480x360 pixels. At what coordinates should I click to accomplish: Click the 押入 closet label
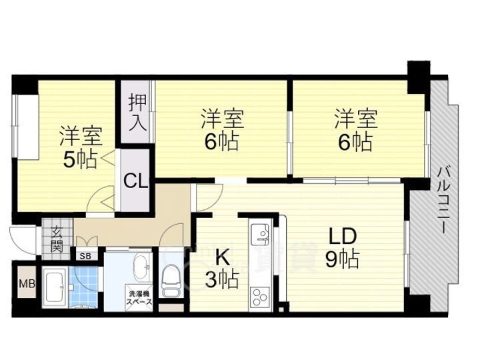[137, 113]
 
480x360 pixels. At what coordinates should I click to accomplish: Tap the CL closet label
[135, 181]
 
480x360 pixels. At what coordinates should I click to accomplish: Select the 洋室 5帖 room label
[81, 147]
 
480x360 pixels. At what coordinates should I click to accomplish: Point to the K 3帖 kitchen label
[221, 268]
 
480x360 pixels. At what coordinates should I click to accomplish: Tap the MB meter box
[27, 283]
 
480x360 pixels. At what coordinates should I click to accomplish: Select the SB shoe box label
[86, 256]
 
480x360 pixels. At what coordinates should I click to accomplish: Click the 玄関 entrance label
[57, 239]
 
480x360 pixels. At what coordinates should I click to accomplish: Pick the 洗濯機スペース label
[139, 297]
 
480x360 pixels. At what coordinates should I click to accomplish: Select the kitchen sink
[259, 234]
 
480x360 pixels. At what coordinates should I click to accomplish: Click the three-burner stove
[259, 297]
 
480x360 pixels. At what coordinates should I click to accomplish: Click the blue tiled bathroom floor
[83, 287]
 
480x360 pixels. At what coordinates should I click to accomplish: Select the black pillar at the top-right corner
[419, 77]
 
